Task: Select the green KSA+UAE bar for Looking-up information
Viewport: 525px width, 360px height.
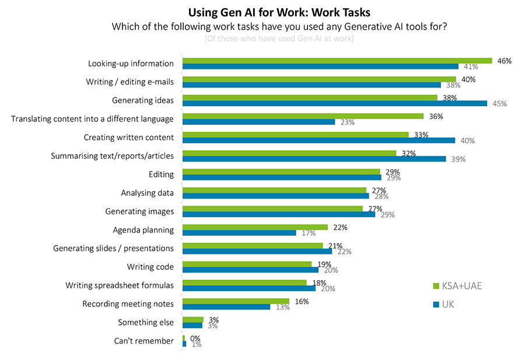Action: (337, 61)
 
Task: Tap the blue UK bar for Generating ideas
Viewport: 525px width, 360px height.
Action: (334, 103)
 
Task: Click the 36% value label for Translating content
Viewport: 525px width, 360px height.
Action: (436, 116)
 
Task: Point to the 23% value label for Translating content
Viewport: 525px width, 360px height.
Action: (347, 123)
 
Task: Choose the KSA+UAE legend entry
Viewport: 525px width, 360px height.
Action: (457, 286)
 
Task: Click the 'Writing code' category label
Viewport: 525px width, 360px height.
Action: (150, 267)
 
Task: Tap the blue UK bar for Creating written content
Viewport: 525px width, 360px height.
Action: (318, 140)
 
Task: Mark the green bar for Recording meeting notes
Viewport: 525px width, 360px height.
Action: (236, 301)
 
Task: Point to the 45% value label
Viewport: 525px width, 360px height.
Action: (499, 104)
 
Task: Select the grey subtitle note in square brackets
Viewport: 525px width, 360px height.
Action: (279, 39)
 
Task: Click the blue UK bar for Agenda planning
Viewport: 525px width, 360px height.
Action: (239, 233)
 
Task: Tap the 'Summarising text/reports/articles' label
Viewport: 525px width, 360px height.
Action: (112, 156)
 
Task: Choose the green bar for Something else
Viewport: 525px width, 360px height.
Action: (192, 320)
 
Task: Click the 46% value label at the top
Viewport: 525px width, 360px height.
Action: (504, 61)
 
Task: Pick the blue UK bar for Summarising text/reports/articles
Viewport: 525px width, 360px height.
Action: (314, 159)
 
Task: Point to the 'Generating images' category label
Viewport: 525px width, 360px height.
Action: (139, 211)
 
